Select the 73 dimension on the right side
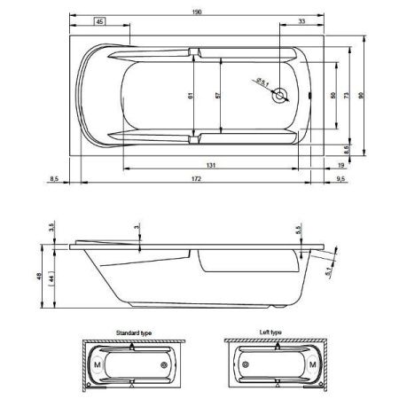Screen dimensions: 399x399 click(348, 95)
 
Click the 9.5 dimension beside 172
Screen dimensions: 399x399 click(342, 179)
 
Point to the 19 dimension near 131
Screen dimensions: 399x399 click(340, 166)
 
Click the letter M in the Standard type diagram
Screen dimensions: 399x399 click(96, 364)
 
